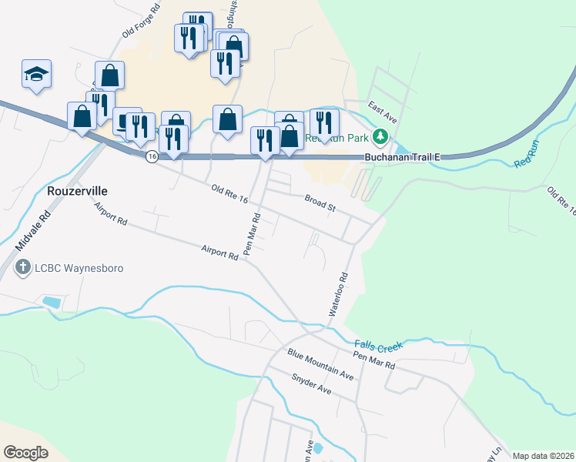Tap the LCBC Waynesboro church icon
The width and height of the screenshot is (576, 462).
pyautogui.click(x=23, y=269)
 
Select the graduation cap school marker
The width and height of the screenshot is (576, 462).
pyautogui.click(x=36, y=74)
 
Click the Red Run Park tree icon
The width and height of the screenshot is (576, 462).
pyautogui.click(x=380, y=138)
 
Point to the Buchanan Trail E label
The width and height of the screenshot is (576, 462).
pyautogui.click(x=401, y=157)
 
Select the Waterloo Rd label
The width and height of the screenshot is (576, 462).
pyautogui.click(x=340, y=293)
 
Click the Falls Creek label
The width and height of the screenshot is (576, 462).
pyautogui.click(x=379, y=346)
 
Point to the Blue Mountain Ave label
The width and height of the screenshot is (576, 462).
pyautogui.click(x=320, y=363)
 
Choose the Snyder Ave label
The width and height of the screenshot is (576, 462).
pyautogui.click(x=311, y=384)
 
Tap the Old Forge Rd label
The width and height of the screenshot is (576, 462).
pyautogui.click(x=141, y=22)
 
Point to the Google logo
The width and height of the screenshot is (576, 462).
pyautogui.click(x=26, y=452)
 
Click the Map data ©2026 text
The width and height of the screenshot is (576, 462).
pyautogui.click(x=542, y=456)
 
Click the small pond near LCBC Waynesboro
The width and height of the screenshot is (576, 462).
pyautogui.click(x=52, y=301)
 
